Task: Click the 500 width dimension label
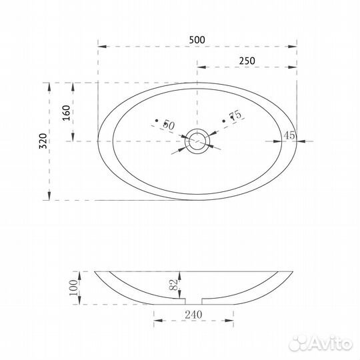coord(197,40)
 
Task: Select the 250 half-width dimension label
coord(247,61)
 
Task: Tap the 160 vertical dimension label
coord(67,113)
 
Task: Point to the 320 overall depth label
coord(43,141)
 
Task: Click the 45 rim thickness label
coord(289,135)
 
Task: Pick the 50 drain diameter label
coord(169,125)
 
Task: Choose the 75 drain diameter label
coord(235,115)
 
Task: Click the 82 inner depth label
coord(174,285)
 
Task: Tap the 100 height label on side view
coord(73,288)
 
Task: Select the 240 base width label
coord(193,315)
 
